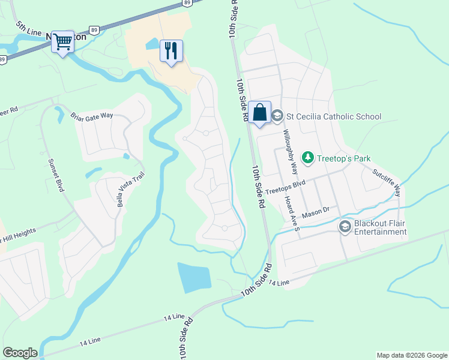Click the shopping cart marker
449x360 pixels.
tap(62, 42)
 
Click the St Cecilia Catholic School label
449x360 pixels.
tap(334, 116)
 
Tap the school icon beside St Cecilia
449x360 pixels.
tap(277, 116)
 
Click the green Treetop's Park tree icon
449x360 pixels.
tap(308, 158)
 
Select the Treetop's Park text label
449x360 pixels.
tap(344, 158)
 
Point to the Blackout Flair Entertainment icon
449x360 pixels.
tap(345, 227)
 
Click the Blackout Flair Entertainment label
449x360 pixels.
tap(380, 227)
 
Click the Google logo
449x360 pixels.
tap(20, 352)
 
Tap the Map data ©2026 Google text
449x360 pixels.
tap(412, 355)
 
